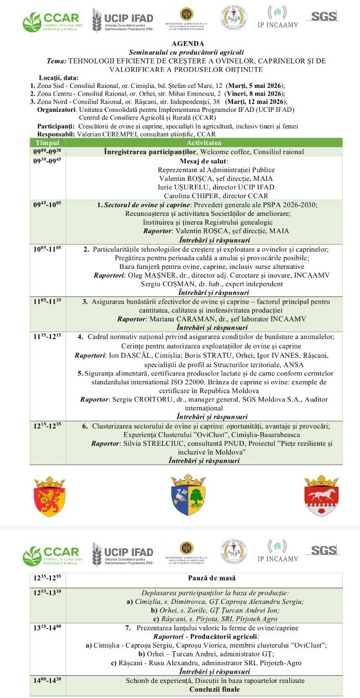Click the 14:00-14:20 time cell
click(x=47, y=680)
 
